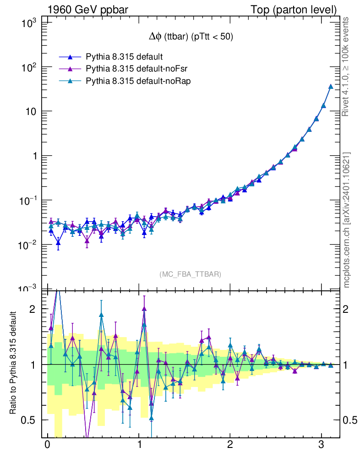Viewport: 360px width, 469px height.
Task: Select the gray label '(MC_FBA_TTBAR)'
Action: click(x=191, y=274)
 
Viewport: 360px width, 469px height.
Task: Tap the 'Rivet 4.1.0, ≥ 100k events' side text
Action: click(x=346, y=67)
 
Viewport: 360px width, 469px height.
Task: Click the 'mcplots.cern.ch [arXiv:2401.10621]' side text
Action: click(x=346, y=219)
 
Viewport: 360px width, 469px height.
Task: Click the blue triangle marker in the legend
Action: click(x=70, y=57)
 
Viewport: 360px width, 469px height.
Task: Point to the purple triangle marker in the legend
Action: click(x=70, y=69)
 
